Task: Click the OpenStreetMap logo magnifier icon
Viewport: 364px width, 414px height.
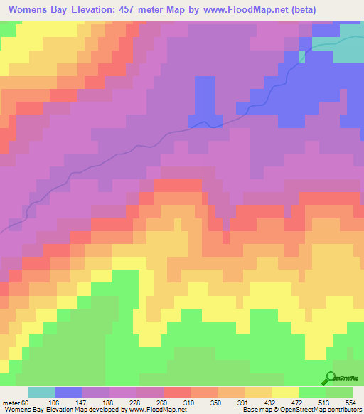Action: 331,378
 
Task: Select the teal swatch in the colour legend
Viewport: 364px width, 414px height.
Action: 42,392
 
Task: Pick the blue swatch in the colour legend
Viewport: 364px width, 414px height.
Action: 69,392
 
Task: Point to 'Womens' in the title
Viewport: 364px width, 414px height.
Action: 26,9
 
